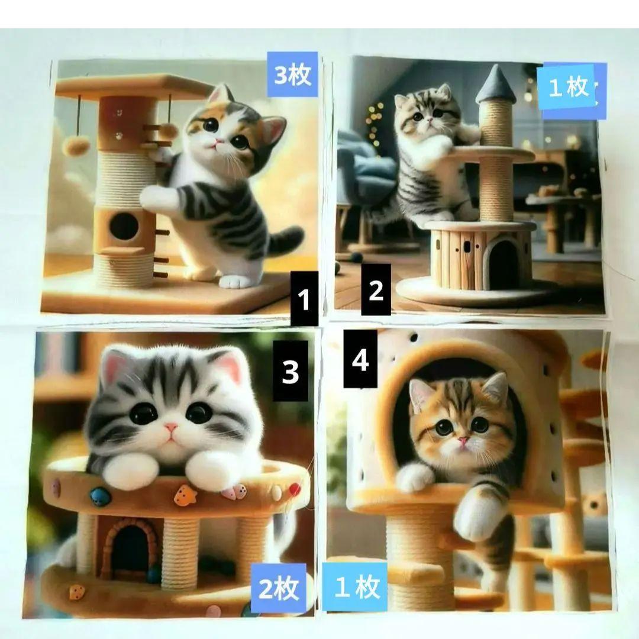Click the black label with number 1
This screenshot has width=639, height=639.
304,299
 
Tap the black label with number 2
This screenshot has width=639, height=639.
376,290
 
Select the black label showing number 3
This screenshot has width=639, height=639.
290,371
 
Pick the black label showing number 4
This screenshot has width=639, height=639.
360,359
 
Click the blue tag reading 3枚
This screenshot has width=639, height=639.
293,75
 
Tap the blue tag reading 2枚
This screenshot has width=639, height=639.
279,588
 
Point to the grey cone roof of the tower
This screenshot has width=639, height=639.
496,85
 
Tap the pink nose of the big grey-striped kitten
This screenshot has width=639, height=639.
171,428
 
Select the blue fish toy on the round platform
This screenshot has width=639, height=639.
100,497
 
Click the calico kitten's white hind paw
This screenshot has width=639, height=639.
234,281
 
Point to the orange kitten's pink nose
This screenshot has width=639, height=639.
462,441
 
